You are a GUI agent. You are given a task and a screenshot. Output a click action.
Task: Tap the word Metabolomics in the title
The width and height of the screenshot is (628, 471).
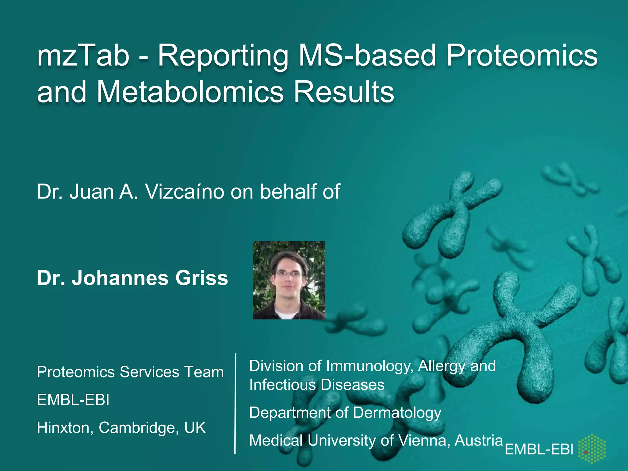click(x=190, y=92)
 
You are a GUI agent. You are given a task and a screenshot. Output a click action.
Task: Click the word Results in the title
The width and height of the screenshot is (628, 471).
click(x=344, y=92)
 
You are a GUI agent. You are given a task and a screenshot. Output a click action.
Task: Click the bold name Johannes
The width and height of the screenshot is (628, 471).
click(x=120, y=278)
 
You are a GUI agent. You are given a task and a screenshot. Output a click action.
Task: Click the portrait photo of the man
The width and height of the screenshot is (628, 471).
click(x=289, y=280)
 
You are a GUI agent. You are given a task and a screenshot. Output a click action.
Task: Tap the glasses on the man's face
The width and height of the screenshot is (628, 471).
click(x=288, y=274)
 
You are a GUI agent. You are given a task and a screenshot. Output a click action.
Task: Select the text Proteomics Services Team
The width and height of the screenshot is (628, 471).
click(x=130, y=372)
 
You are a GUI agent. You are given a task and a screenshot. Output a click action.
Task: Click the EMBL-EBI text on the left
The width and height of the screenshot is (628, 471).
click(x=73, y=400)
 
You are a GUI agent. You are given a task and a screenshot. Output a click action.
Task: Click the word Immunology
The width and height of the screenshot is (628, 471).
click(x=370, y=366)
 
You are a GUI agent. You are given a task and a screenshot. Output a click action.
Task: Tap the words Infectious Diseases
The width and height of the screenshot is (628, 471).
click(x=317, y=385)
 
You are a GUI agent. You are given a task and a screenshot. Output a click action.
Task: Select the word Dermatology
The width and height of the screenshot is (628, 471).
click(x=397, y=412)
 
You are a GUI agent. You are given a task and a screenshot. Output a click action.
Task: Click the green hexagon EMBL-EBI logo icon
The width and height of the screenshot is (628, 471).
click(x=592, y=448)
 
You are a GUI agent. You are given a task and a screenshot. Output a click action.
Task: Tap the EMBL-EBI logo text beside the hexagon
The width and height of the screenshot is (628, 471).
click(x=539, y=450)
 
